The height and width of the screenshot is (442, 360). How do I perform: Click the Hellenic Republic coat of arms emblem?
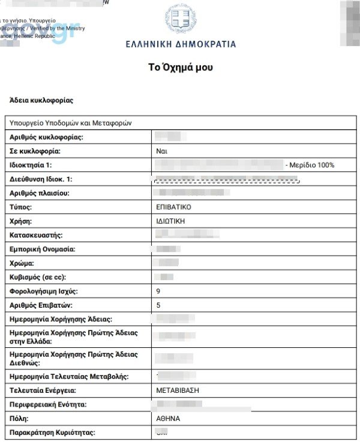click(181, 19)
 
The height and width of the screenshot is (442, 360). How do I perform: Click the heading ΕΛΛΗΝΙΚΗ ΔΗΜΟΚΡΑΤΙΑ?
click(181, 44)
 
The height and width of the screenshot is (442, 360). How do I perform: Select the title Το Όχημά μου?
click(180, 67)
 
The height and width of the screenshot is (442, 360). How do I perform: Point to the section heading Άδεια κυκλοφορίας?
click(41, 100)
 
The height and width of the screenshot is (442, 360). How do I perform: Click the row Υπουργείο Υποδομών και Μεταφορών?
click(71, 123)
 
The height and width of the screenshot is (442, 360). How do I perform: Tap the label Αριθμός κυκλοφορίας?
click(46, 137)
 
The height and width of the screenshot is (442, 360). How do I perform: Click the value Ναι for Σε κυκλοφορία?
click(161, 151)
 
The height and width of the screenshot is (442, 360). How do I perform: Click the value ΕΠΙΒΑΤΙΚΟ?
click(173, 207)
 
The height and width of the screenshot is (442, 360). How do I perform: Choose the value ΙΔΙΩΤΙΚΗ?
click(170, 221)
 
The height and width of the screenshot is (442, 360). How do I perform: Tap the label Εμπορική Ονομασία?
click(43, 249)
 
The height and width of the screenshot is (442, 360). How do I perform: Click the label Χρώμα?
click(22, 263)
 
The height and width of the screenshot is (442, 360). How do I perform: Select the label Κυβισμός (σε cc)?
click(38, 277)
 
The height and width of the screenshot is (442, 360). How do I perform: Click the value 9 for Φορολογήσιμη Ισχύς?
click(158, 291)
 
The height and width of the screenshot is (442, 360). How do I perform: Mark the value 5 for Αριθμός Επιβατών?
click(158, 305)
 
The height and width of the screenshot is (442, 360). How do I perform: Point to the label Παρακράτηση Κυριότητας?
click(52, 432)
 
